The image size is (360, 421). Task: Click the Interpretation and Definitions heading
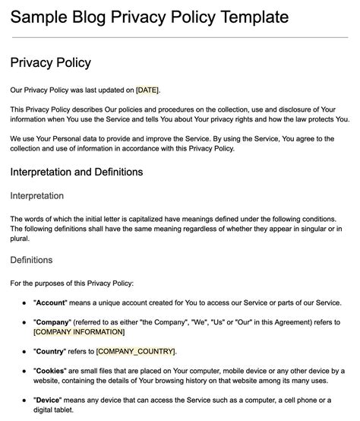(77, 172)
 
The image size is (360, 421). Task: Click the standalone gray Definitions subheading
(31, 260)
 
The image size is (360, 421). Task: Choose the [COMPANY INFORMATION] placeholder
(79, 331)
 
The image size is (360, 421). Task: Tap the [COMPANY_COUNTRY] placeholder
(136, 351)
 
